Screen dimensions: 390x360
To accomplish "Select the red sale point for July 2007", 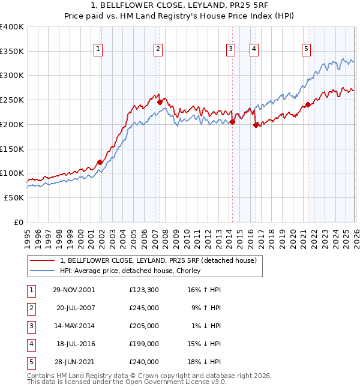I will click(160, 102).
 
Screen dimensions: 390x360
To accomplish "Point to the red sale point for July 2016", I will click(256, 125).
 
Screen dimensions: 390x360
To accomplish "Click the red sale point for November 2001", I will click(100, 162).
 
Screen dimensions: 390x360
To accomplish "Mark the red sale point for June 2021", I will click(308, 104).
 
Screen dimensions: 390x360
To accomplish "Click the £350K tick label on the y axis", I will click(12, 52).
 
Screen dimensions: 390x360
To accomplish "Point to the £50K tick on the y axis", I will click(14, 197).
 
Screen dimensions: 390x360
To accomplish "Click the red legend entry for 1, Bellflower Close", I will click(158, 260).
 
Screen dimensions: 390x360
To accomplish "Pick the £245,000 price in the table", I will click(144, 308).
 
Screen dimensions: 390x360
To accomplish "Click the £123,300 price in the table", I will click(144, 290).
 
